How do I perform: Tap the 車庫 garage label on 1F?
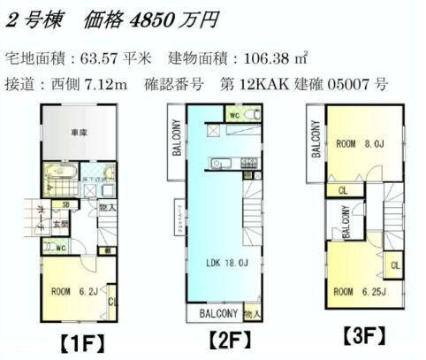pos(79,132)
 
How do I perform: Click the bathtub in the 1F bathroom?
pos(60,176)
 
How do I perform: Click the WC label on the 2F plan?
pos(233,116)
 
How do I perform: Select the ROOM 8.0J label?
pos(358,142)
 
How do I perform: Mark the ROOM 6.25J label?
pos(356,290)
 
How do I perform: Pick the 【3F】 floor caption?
pos(364,336)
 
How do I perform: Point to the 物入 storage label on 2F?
pos(253,313)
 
